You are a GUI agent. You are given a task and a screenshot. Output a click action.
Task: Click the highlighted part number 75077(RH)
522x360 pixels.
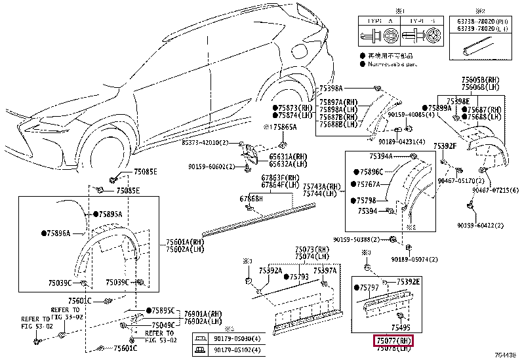393,340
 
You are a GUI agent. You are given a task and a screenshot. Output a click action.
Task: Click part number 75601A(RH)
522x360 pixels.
184,241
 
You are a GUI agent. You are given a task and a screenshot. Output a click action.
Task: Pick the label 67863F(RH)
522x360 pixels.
280,178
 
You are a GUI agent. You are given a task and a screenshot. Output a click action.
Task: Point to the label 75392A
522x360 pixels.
270,270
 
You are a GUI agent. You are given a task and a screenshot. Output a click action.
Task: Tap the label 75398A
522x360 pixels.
331,88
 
